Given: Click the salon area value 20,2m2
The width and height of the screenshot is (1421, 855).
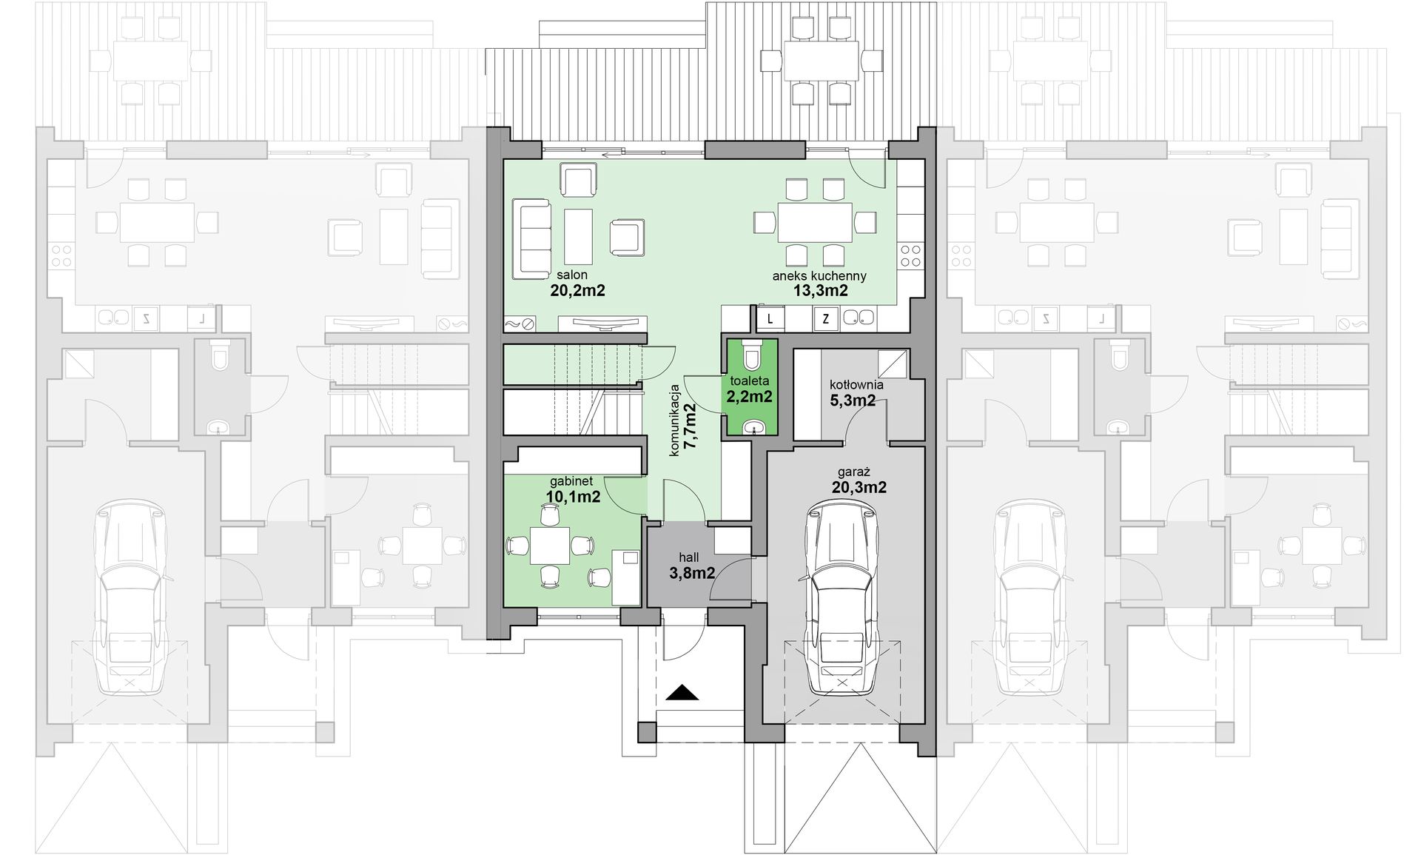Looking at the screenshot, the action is tap(577, 290).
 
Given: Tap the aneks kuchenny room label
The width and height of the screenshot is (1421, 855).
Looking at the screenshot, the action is tap(819, 275).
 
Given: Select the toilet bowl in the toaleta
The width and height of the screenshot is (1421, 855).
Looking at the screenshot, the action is tap(753, 355).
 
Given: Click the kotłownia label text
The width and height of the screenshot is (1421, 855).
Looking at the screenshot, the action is tap(856, 385).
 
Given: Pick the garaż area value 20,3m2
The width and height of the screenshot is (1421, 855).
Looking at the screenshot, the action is tap(859, 487).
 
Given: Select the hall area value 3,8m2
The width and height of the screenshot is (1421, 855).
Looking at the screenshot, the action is tap(687, 572).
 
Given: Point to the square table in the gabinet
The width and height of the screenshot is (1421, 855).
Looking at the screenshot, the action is tap(550, 546).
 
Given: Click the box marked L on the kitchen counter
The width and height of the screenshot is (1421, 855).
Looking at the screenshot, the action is tap(770, 319).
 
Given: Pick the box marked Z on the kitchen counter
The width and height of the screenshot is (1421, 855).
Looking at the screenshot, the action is tap(825, 319).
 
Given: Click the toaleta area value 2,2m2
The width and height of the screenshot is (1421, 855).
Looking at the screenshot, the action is tap(750, 397).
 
